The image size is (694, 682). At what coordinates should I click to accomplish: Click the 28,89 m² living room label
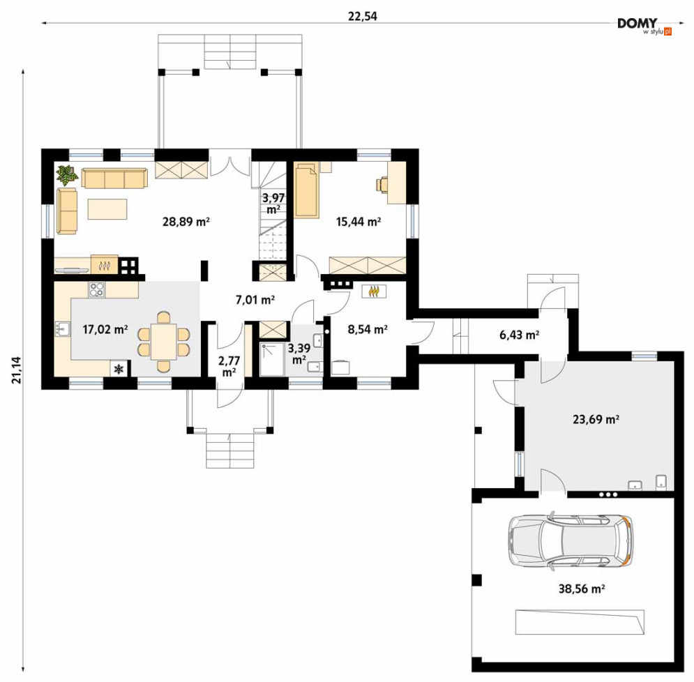click(x=186, y=221)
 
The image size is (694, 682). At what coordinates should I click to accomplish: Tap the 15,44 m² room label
click(x=359, y=221)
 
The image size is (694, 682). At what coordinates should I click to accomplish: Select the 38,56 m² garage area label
click(x=582, y=589)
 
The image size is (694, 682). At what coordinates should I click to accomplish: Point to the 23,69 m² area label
click(x=596, y=418)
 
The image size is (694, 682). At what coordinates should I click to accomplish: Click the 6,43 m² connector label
click(x=519, y=335)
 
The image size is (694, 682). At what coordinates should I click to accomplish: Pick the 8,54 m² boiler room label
click(x=368, y=329)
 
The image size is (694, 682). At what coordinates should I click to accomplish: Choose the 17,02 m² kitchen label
click(x=105, y=329)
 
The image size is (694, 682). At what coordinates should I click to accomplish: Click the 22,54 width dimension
click(x=363, y=16)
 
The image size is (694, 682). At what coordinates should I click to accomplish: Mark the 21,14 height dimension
click(x=16, y=370)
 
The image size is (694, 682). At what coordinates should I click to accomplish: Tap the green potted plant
click(x=66, y=175)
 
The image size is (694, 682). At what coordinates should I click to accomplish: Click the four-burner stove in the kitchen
click(x=97, y=290)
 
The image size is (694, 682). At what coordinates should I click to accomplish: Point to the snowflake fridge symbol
click(x=119, y=369)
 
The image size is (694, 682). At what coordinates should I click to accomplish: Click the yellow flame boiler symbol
click(x=374, y=291)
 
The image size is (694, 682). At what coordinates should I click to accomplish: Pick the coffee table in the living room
click(x=107, y=209)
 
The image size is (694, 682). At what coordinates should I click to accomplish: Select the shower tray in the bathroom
click(x=272, y=359)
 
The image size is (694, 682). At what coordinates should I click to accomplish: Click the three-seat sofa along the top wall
click(x=114, y=178)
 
